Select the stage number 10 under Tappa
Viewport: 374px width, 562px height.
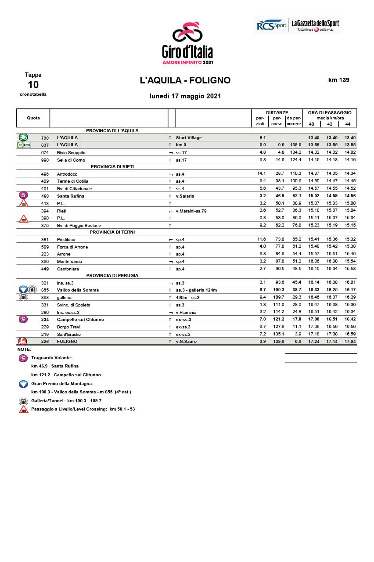pos(33,85)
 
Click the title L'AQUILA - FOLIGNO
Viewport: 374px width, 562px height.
pos(185,80)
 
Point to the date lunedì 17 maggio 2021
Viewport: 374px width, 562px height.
pos(185,96)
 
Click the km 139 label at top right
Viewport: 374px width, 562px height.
pos(338,80)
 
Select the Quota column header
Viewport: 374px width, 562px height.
pos(33,118)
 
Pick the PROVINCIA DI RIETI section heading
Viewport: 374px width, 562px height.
pos(112,167)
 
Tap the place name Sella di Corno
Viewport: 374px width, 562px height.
pos(71,160)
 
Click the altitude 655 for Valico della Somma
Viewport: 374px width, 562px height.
pos(45,290)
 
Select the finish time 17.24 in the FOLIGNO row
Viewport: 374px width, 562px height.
pos(313,341)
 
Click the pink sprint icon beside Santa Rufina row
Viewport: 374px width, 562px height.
pos(24,195)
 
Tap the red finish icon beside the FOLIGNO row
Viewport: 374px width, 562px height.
pos(23,341)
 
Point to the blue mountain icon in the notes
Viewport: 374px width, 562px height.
pos(24,384)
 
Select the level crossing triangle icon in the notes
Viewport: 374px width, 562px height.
pos(24,409)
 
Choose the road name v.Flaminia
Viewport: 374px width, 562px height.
pos(186,312)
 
